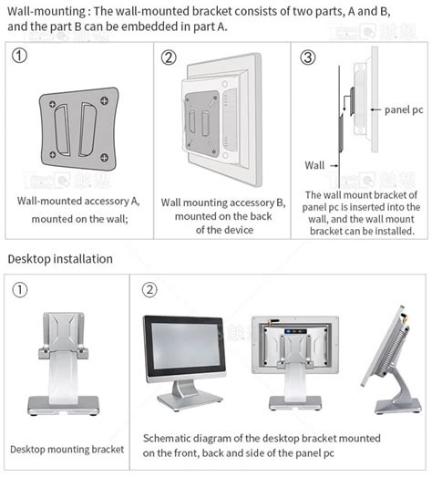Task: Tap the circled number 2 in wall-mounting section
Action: (168, 57)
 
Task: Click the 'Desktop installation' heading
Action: (60, 259)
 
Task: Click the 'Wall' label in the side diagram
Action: (315, 164)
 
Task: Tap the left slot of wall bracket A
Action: (61, 128)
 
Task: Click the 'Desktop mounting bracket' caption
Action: (67, 449)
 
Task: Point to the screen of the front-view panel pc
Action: (183, 348)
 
